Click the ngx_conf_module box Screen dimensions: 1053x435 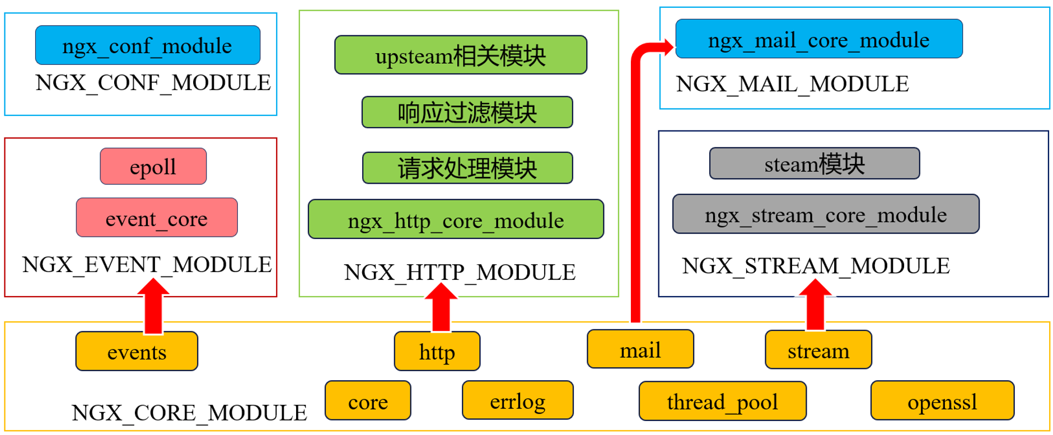[148, 45]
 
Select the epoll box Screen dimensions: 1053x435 [153, 166]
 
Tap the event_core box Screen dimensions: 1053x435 [157, 217]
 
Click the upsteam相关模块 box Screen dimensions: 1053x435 [461, 55]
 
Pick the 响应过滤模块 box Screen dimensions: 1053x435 [467, 112]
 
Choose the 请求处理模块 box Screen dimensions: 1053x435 [467, 167]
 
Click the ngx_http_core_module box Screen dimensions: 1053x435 [456, 219]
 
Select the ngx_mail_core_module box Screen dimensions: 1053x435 [819, 39]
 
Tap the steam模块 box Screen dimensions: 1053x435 [815, 163]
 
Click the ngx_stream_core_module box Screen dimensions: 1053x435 [826, 214]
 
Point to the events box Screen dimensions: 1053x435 [137, 351]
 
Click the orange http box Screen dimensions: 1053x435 [437, 351]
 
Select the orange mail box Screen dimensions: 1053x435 [640, 349]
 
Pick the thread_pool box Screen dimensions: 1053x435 [723, 401]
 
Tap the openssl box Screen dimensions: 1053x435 [943, 401]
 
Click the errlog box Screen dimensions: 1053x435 [518, 400]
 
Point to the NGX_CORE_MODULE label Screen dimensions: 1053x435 [189, 413]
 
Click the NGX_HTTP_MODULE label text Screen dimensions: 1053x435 [460, 272]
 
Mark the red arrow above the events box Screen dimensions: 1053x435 [153, 306]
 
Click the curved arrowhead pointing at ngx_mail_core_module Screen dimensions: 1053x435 [667, 48]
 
